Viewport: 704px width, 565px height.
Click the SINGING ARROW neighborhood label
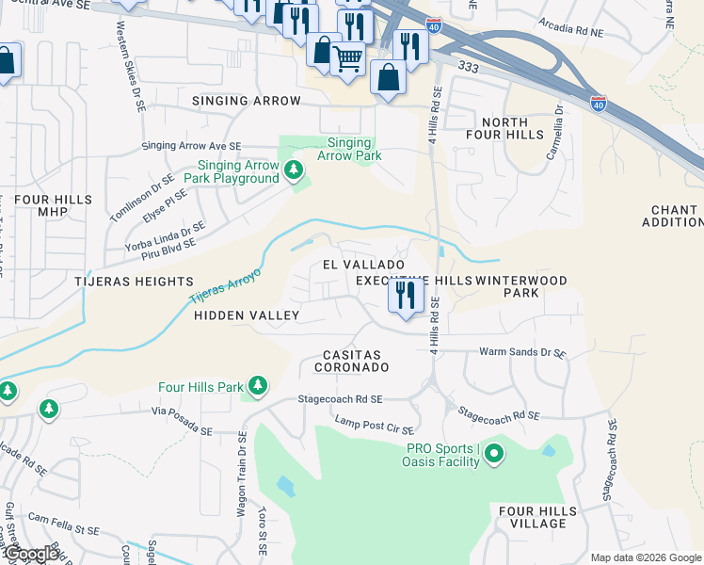pyautogui.click(x=247, y=101)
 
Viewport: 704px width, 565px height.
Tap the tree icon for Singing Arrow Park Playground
pyautogui.click(x=295, y=170)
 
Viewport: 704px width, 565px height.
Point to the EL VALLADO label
pyautogui.click(x=363, y=266)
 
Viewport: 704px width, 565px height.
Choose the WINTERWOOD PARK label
pyautogui.click(x=520, y=286)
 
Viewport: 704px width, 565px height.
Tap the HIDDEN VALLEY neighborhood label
pyautogui.click(x=247, y=316)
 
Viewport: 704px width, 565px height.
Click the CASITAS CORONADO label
pyautogui.click(x=357, y=360)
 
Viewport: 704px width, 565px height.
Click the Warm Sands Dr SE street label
pyautogui.click(x=522, y=353)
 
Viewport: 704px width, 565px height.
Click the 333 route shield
pyautogui.click(x=466, y=69)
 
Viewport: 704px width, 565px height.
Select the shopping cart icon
pyautogui.click(x=347, y=58)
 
